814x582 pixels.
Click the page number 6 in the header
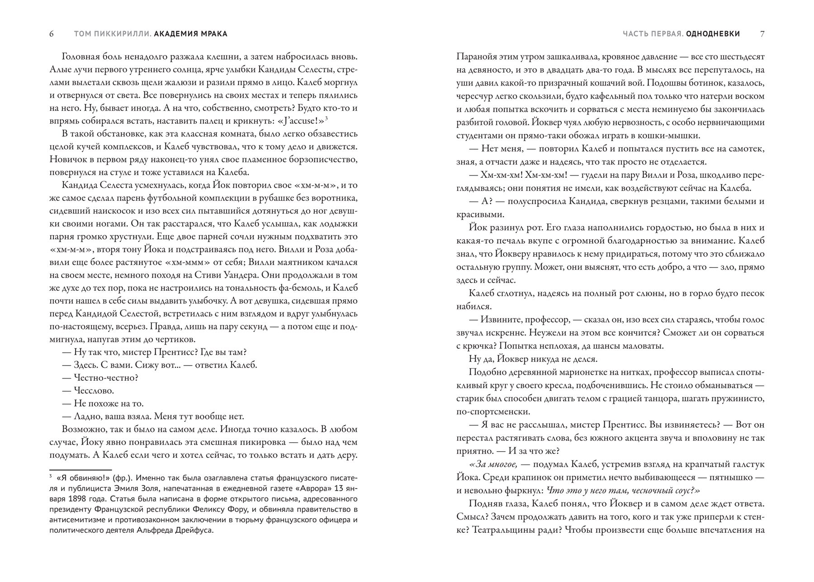tap(52, 34)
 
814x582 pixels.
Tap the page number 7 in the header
tap(762, 34)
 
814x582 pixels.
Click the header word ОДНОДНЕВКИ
tap(713, 34)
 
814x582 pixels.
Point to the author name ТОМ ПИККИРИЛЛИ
tap(112, 34)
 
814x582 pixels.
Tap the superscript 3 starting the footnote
tap(51, 476)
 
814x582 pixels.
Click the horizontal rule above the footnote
tap(80, 470)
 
